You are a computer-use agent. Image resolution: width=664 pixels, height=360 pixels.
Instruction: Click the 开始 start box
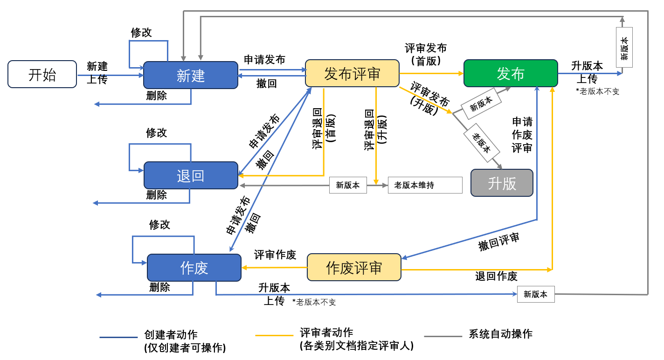click(42, 74)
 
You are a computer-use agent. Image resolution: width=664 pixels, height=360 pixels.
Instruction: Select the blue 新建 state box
click(190, 75)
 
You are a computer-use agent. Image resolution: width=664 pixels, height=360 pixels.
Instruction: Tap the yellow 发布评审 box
click(352, 73)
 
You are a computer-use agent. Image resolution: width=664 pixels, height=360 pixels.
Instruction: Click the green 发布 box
click(510, 73)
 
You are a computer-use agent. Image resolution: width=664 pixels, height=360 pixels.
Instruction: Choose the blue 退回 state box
click(190, 175)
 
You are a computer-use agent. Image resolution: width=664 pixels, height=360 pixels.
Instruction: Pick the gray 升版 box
click(501, 183)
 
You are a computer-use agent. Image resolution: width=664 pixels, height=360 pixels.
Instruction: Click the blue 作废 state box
click(194, 268)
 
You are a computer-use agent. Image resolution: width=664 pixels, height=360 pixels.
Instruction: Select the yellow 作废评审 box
click(353, 267)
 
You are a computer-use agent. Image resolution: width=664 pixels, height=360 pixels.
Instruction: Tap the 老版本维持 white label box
click(424, 185)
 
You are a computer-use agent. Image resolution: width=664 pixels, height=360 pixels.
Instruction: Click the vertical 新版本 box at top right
click(624, 48)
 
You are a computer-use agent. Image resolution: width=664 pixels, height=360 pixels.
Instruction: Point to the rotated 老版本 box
click(481, 143)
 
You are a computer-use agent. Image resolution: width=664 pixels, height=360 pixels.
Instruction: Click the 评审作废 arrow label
click(275, 255)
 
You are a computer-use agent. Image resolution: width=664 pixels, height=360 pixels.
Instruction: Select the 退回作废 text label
click(496, 276)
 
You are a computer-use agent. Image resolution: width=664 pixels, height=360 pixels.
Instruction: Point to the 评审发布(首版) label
click(425, 54)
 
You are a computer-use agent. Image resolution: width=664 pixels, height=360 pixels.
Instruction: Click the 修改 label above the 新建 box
click(141, 32)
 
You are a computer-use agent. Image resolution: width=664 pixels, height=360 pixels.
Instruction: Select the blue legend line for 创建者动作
click(118, 337)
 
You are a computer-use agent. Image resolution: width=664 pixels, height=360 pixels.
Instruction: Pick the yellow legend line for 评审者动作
click(274, 336)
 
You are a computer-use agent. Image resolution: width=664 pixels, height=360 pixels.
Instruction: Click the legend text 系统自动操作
click(500, 334)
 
